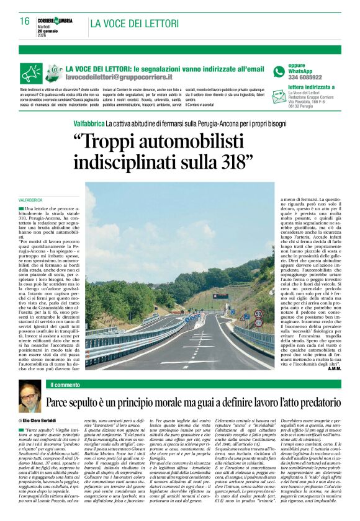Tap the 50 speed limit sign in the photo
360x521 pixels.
[x=258, y=314]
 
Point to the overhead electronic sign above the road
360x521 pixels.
[x=220, y=295]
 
